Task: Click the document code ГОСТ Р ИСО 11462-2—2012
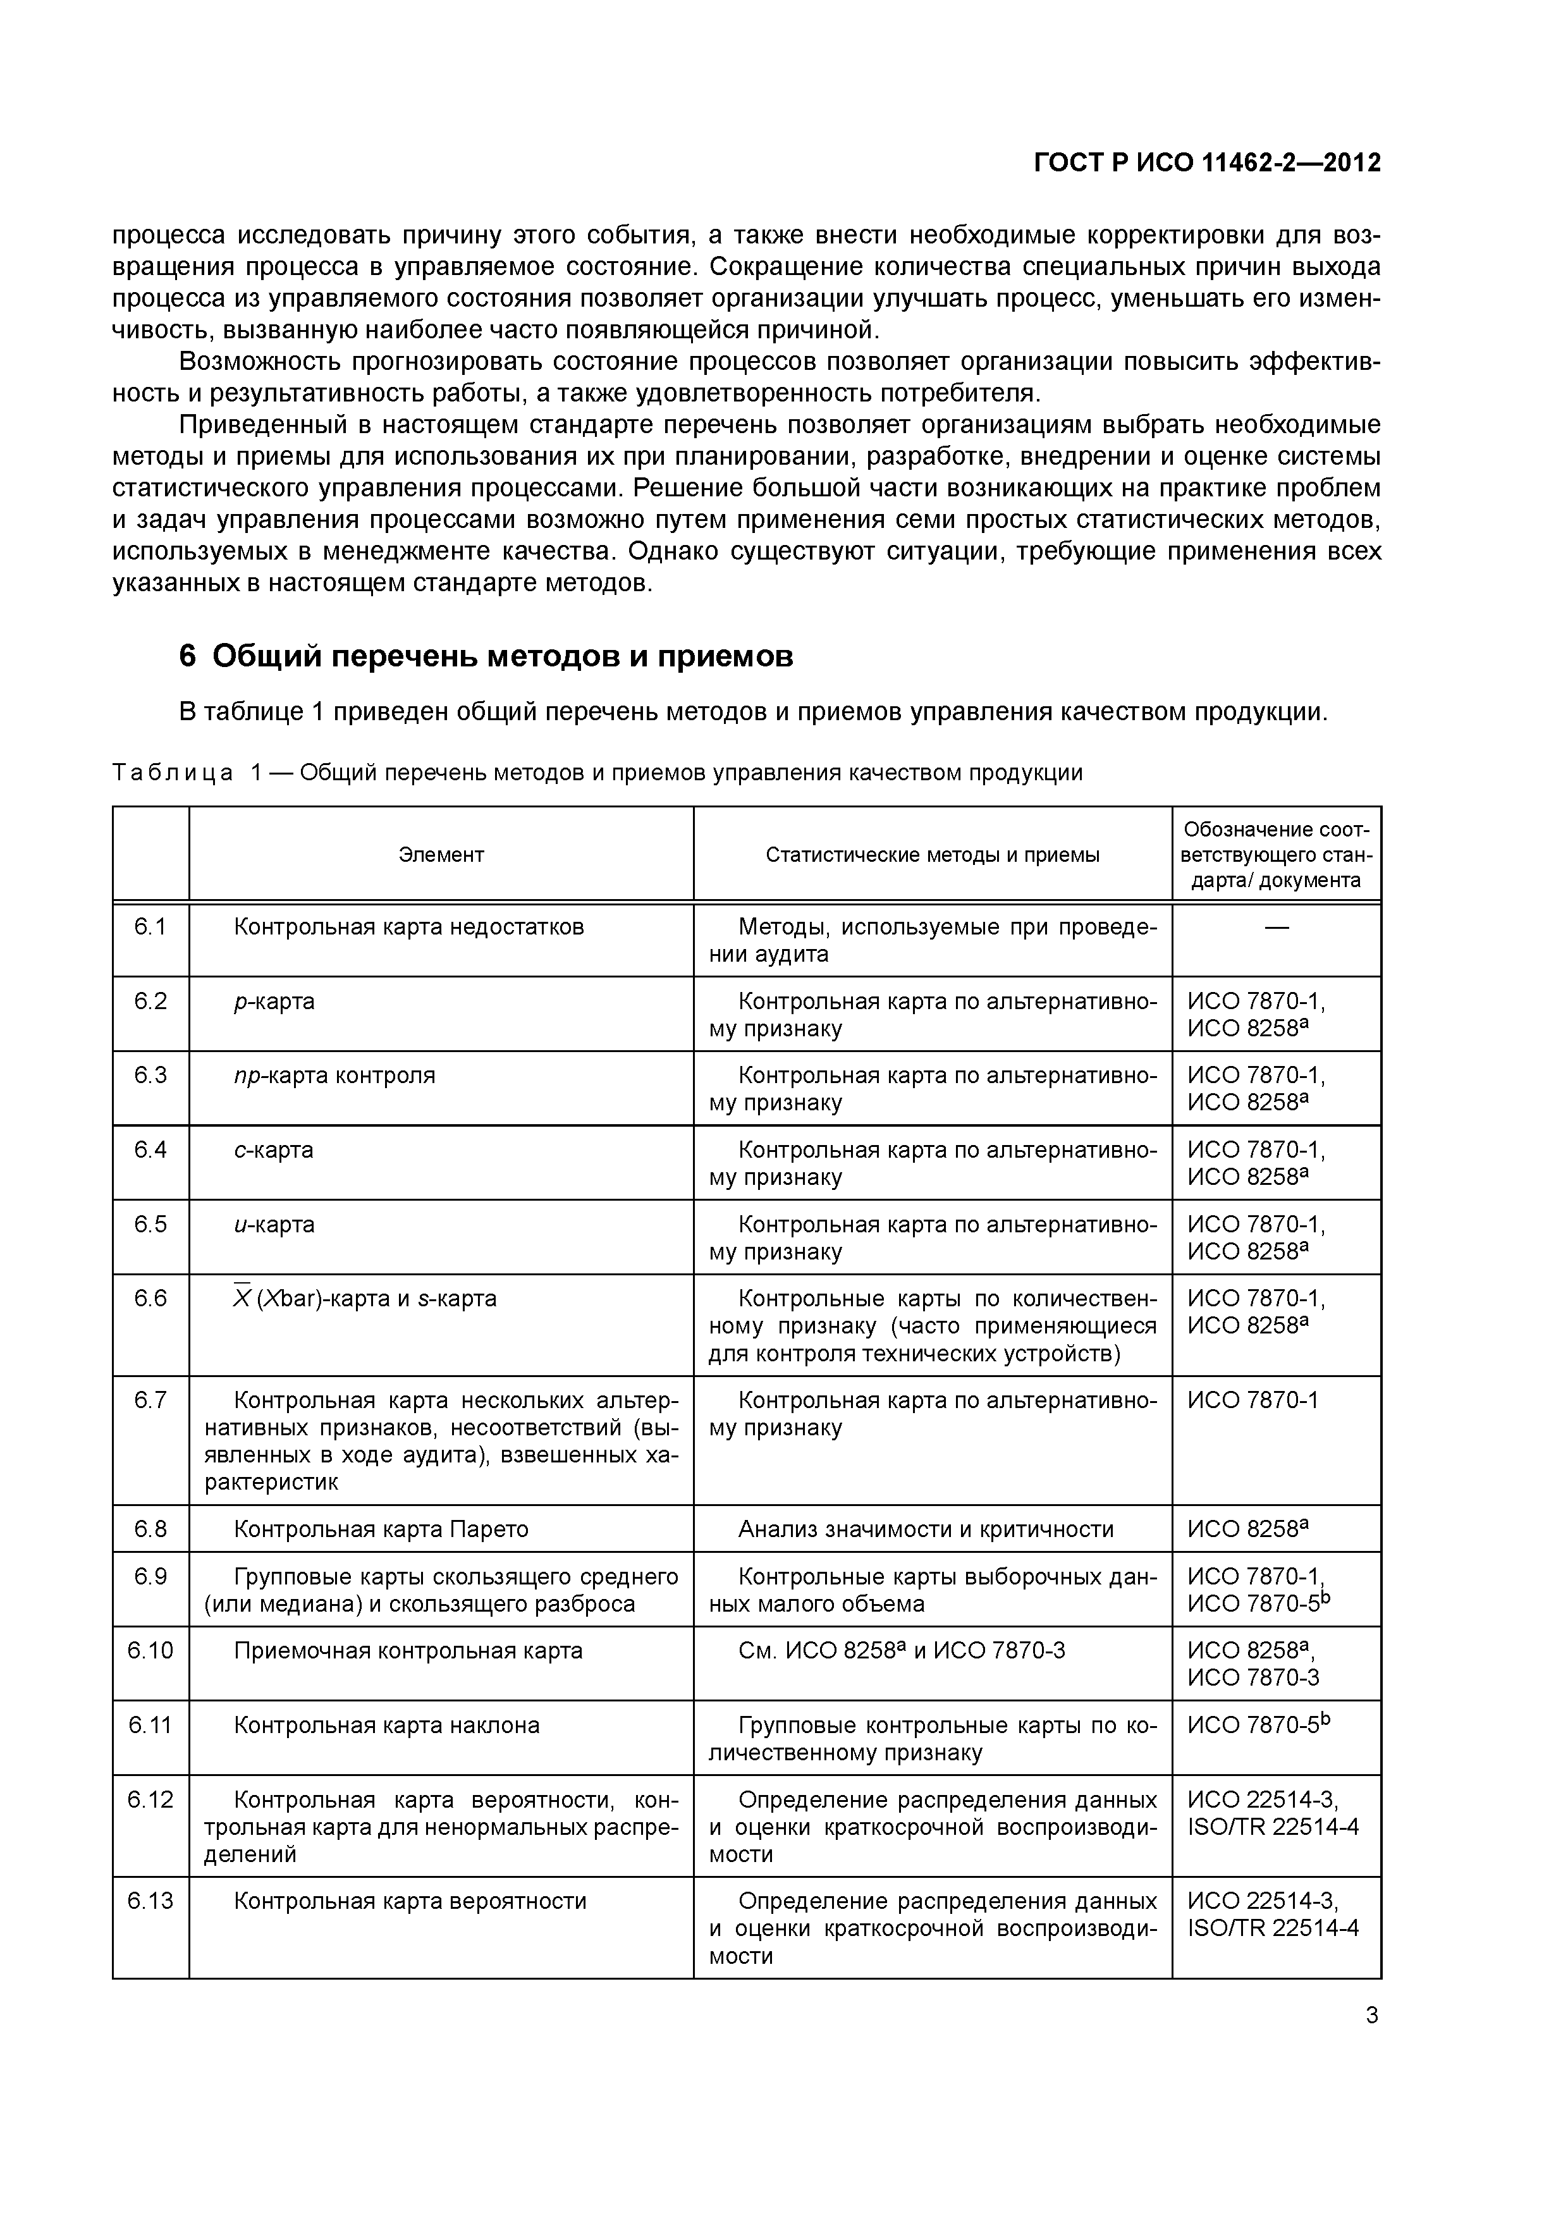tap(1207, 162)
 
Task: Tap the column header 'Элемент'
tap(441, 855)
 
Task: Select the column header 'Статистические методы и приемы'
tap(933, 855)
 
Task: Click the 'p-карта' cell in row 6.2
tap(274, 1002)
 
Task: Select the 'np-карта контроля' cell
tap(334, 1076)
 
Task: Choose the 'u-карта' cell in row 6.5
tap(274, 1225)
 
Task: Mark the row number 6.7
tap(150, 1400)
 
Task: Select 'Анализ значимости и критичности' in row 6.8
tap(926, 1529)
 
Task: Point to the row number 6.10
tap(150, 1650)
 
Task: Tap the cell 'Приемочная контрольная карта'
tap(408, 1650)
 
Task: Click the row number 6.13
tap(150, 1901)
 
